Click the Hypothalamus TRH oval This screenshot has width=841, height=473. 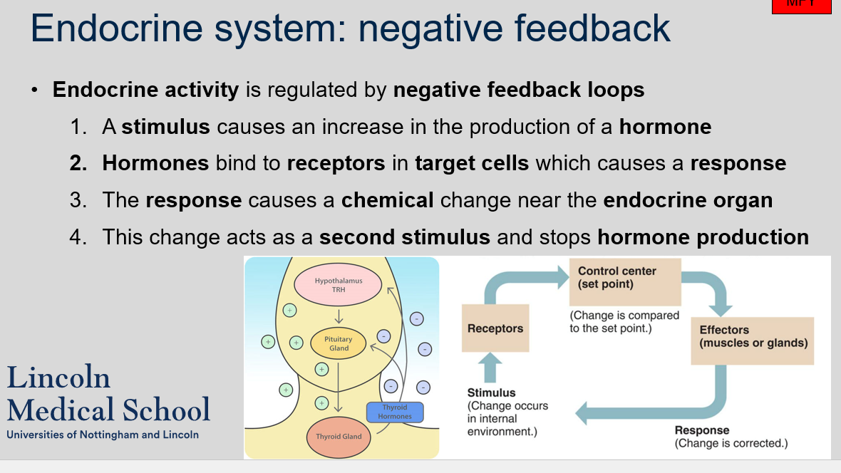339,285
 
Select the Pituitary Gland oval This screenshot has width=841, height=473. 339,343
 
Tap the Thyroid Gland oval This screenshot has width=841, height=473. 339,436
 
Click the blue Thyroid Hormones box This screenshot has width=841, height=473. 394,412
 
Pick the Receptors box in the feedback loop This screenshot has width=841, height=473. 495,328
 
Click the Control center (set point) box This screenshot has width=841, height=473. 625,282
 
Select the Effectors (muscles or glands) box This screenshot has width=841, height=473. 753,341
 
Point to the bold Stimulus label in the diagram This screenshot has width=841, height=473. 491,393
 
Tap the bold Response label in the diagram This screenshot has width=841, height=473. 702,430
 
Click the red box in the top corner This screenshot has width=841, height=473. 801,6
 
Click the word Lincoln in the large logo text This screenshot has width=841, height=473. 58,378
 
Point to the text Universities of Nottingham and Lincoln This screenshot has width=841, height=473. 103,435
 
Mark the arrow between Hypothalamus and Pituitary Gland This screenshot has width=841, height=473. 339,316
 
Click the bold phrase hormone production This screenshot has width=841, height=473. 703,236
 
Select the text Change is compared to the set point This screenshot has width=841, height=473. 624,321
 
